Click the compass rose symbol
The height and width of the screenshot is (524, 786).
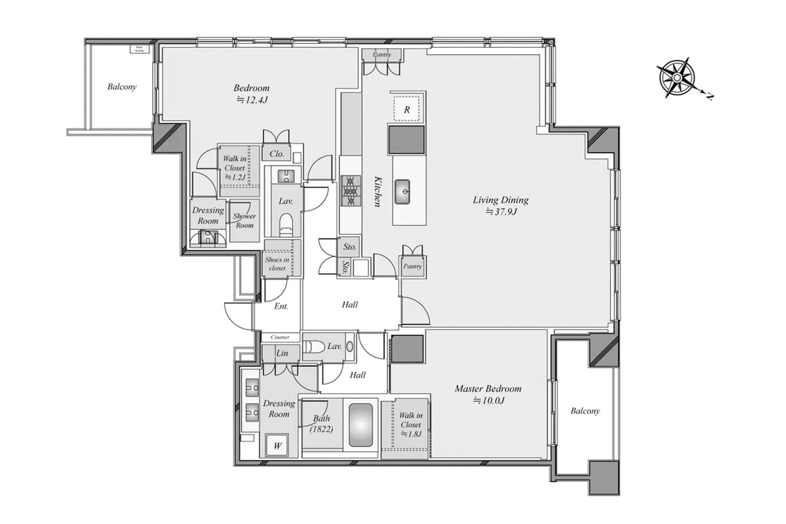pos(677,78)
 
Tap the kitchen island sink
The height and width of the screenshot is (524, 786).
pos(402,192)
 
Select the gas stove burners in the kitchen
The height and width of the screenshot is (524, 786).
pos(351,190)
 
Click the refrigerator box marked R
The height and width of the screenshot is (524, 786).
pos(407,109)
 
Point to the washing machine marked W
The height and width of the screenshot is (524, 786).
pos(278,445)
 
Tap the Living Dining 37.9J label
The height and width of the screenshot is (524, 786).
pos(501,205)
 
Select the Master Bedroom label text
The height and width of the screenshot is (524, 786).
pos(488,388)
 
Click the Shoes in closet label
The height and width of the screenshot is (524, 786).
pos(277,264)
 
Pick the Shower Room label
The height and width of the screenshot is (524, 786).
pos(244,220)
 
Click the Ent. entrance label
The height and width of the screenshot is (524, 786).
pos(281,306)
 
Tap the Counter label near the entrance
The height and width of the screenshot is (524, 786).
pos(280,337)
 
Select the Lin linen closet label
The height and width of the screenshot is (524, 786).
pos(282,353)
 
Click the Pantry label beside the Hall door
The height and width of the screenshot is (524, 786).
pos(412,266)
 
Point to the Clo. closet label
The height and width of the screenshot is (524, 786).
pos(277,154)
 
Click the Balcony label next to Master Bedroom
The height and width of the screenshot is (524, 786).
pos(585,411)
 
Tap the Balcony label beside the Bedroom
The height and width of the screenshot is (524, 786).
pos(122,86)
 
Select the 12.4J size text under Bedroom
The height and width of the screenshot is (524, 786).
pos(252,99)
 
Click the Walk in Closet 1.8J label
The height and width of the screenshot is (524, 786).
pos(410,425)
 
